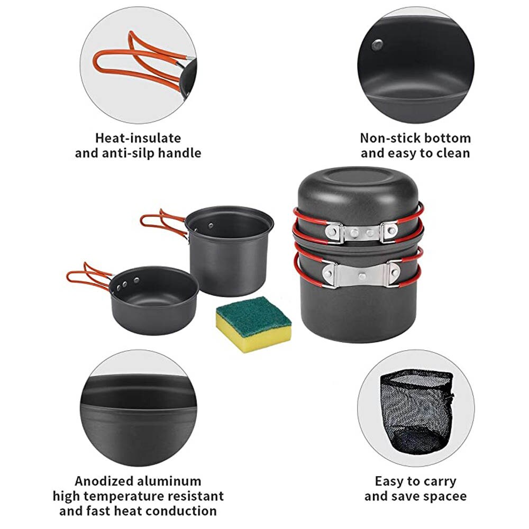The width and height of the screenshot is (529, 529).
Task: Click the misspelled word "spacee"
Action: pyautogui.click(x=446, y=496)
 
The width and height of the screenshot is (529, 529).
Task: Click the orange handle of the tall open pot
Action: pyautogui.click(x=159, y=218)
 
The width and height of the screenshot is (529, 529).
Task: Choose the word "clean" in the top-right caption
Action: pyautogui.click(x=453, y=153)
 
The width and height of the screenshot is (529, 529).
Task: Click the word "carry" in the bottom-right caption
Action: pyautogui.click(x=436, y=481)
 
